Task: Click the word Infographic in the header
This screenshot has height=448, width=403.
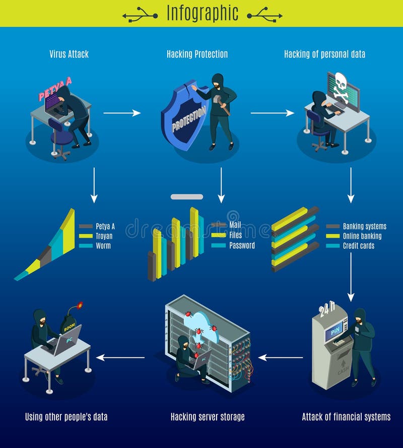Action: tap(202, 14)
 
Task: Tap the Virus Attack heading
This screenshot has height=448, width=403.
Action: tap(69, 54)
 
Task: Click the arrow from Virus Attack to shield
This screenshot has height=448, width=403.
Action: tap(122, 113)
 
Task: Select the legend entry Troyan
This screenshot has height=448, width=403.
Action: tap(103, 236)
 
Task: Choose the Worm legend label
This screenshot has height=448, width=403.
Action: tap(103, 245)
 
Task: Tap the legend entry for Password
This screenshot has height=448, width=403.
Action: tap(242, 245)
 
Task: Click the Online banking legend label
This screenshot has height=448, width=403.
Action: tap(362, 236)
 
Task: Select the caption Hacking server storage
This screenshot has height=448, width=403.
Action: tap(208, 417)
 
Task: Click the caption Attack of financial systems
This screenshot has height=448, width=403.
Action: tap(346, 417)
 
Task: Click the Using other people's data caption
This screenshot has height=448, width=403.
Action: tap(66, 417)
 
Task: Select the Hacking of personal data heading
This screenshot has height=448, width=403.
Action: tap(324, 54)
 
